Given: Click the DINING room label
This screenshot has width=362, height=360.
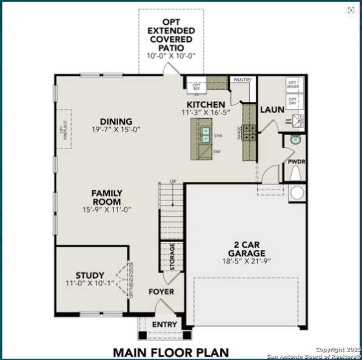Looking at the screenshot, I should tap(116, 121).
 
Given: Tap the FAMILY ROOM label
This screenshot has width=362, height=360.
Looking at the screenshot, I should tap(107, 198).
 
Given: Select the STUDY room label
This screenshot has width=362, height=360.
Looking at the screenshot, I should tap(90, 275).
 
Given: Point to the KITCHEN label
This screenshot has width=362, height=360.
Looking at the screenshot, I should tap(206, 105).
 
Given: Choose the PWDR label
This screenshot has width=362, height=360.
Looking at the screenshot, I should tap(295, 162).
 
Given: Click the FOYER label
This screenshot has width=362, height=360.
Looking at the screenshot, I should tap(161, 292).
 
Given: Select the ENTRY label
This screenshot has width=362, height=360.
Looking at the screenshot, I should tap(164, 325).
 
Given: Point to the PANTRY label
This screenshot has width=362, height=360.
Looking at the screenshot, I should tap(242, 79).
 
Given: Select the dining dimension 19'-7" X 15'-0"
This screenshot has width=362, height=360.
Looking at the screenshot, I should tap(116, 130).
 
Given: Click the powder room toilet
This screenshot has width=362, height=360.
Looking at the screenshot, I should tap(296, 174).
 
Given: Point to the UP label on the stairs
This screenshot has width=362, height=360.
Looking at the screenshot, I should tap(173, 181).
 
